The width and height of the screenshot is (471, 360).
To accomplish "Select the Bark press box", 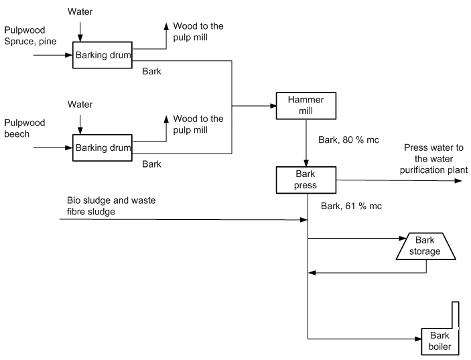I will [x=306, y=179].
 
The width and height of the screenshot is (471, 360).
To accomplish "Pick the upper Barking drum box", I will [x=103, y=55].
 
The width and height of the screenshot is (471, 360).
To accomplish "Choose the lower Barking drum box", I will [x=103, y=147].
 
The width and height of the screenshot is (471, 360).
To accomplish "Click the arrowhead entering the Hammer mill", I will [x=273, y=106].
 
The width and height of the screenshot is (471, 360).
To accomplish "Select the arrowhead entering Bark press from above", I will [x=306, y=164].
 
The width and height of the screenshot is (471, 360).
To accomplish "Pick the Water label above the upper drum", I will [x=80, y=11].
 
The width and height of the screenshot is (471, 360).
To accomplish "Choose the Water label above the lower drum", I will [x=80, y=104].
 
